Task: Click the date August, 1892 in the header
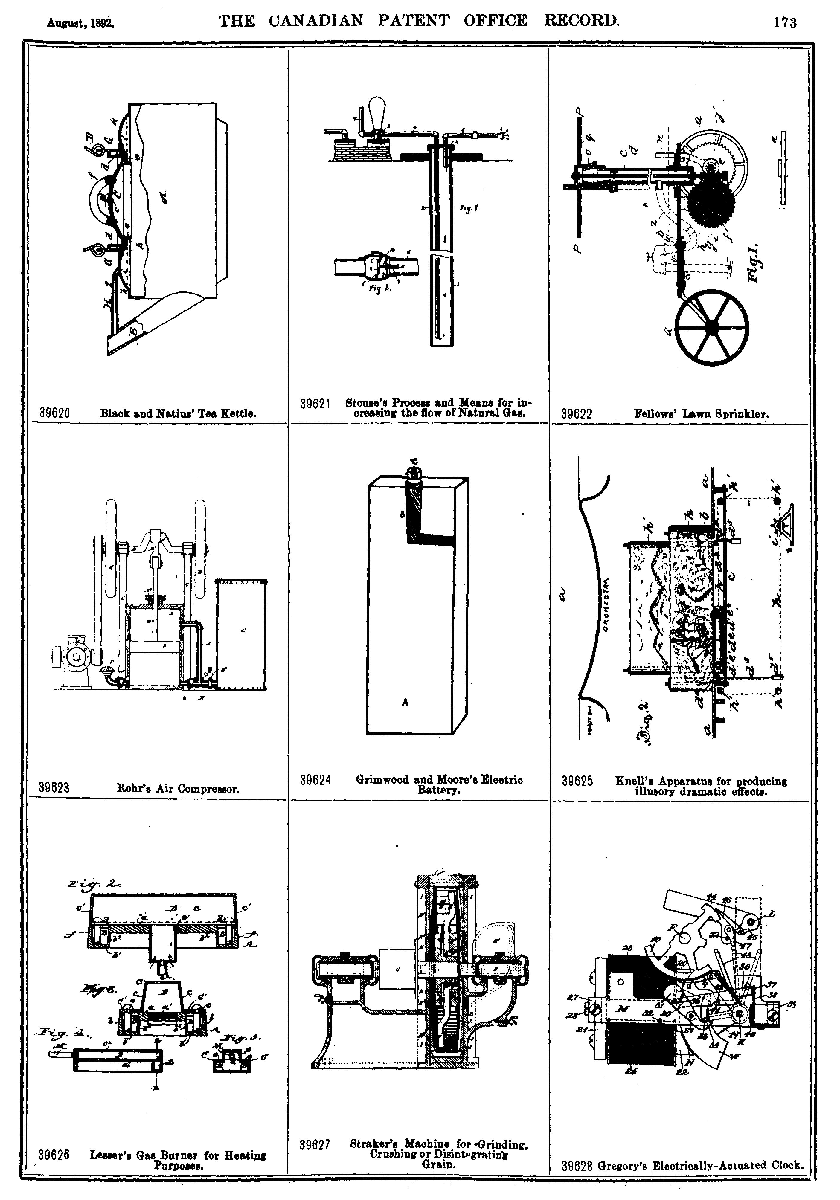click(80, 23)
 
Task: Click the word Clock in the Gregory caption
click(786, 1165)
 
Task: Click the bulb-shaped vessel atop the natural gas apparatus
click(379, 111)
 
